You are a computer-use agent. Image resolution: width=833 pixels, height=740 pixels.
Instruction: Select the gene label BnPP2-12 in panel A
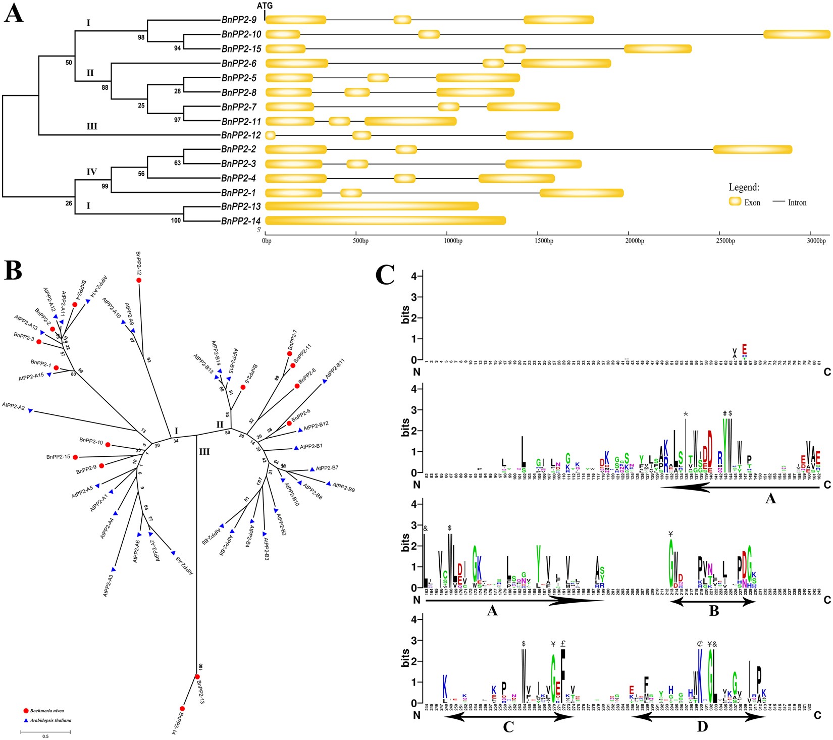tap(241, 135)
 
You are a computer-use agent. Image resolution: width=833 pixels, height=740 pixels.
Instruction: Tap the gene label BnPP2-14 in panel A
tap(241, 221)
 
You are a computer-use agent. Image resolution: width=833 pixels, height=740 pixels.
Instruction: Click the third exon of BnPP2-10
tap(796, 34)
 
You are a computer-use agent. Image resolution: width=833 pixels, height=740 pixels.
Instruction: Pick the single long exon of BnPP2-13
tap(372, 206)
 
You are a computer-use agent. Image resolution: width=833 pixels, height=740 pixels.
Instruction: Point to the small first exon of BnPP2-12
tap(270, 135)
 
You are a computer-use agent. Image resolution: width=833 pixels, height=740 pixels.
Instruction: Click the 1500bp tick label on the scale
tap(544, 241)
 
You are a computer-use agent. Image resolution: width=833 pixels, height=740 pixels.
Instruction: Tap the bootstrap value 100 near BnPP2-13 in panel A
tap(176, 220)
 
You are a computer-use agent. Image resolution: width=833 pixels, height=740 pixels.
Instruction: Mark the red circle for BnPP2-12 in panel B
tap(138, 280)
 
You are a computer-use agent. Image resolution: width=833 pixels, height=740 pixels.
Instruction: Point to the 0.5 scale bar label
tap(45, 736)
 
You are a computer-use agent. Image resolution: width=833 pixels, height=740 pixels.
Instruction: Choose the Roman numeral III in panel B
tap(204, 452)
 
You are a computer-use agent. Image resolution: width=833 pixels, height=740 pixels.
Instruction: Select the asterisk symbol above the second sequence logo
tap(686, 414)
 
